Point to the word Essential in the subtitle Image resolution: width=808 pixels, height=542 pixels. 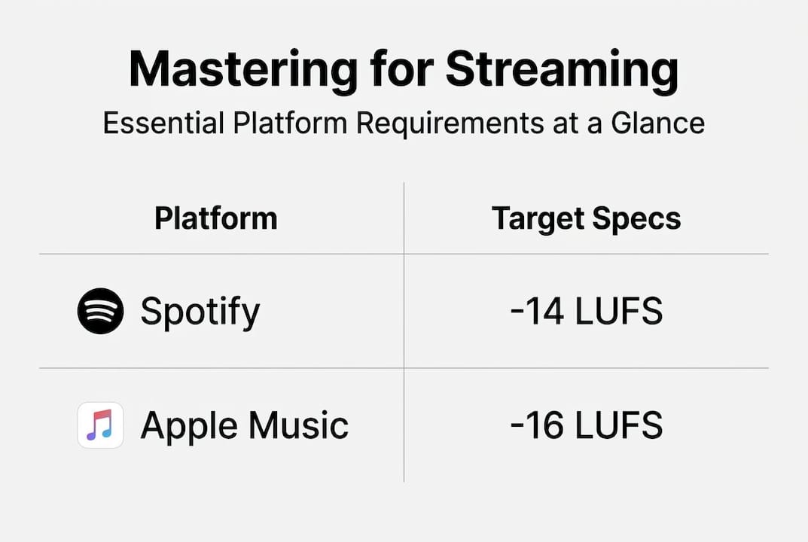click(163, 123)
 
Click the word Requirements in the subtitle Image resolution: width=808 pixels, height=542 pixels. click(450, 123)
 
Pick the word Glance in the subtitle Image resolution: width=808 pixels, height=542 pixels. click(657, 123)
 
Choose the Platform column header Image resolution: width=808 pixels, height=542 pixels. click(216, 218)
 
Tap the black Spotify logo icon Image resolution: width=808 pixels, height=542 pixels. click(100, 311)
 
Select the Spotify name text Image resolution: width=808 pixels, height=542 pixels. click(200, 312)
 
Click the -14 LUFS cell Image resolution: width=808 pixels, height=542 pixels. click(587, 311)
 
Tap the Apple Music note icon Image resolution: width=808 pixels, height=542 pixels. click(100, 425)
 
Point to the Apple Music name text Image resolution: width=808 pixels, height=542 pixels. click(244, 425)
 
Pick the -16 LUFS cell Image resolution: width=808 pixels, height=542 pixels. click(587, 425)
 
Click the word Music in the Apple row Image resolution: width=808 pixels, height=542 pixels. click(298, 425)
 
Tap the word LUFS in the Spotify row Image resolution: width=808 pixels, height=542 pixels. click(618, 311)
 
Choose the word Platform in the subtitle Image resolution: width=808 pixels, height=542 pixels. click(290, 123)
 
